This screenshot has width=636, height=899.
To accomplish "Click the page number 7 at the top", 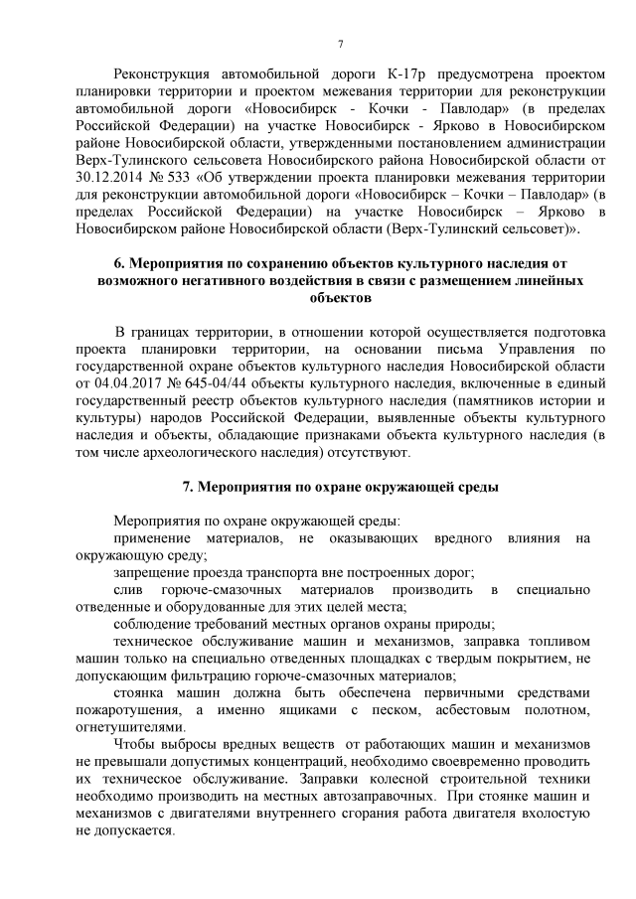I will (x=340, y=44).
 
